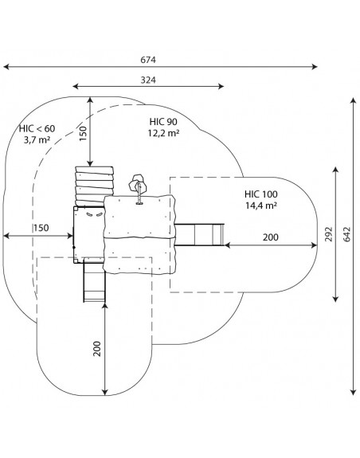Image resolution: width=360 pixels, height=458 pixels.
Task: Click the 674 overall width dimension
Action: pos(148,60)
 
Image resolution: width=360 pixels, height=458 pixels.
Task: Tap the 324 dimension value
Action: pos(148,80)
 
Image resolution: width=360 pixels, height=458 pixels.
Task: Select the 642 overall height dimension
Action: pos(346,234)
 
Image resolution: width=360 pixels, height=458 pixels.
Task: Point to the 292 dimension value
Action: pos(329,234)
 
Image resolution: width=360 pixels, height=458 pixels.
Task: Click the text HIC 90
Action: pos(163,122)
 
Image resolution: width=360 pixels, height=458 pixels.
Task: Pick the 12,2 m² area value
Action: pos(163,133)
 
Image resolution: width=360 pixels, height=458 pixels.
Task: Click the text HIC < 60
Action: pos(37,128)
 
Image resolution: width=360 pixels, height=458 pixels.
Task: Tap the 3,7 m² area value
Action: pos(37,140)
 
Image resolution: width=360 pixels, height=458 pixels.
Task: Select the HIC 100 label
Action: pos(261,194)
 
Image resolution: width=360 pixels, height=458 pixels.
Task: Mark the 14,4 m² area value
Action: pos(261,206)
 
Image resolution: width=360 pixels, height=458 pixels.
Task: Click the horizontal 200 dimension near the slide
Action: pos(270,237)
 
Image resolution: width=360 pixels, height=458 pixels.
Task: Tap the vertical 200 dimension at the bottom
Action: pos(96,348)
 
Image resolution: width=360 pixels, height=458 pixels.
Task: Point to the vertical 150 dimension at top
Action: pos(83,134)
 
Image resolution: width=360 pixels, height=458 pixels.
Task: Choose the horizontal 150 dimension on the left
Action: pos(41,228)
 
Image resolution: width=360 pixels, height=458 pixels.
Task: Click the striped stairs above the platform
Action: pos(94,186)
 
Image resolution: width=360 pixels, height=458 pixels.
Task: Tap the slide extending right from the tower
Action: pos(199,234)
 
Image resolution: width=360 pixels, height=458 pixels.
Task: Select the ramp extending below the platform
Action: pos(94,280)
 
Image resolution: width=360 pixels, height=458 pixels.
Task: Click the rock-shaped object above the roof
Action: pos(138,183)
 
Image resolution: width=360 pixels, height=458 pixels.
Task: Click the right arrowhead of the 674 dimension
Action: pos(315,67)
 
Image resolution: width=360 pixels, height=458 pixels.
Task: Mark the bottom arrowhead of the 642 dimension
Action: pos(354,392)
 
